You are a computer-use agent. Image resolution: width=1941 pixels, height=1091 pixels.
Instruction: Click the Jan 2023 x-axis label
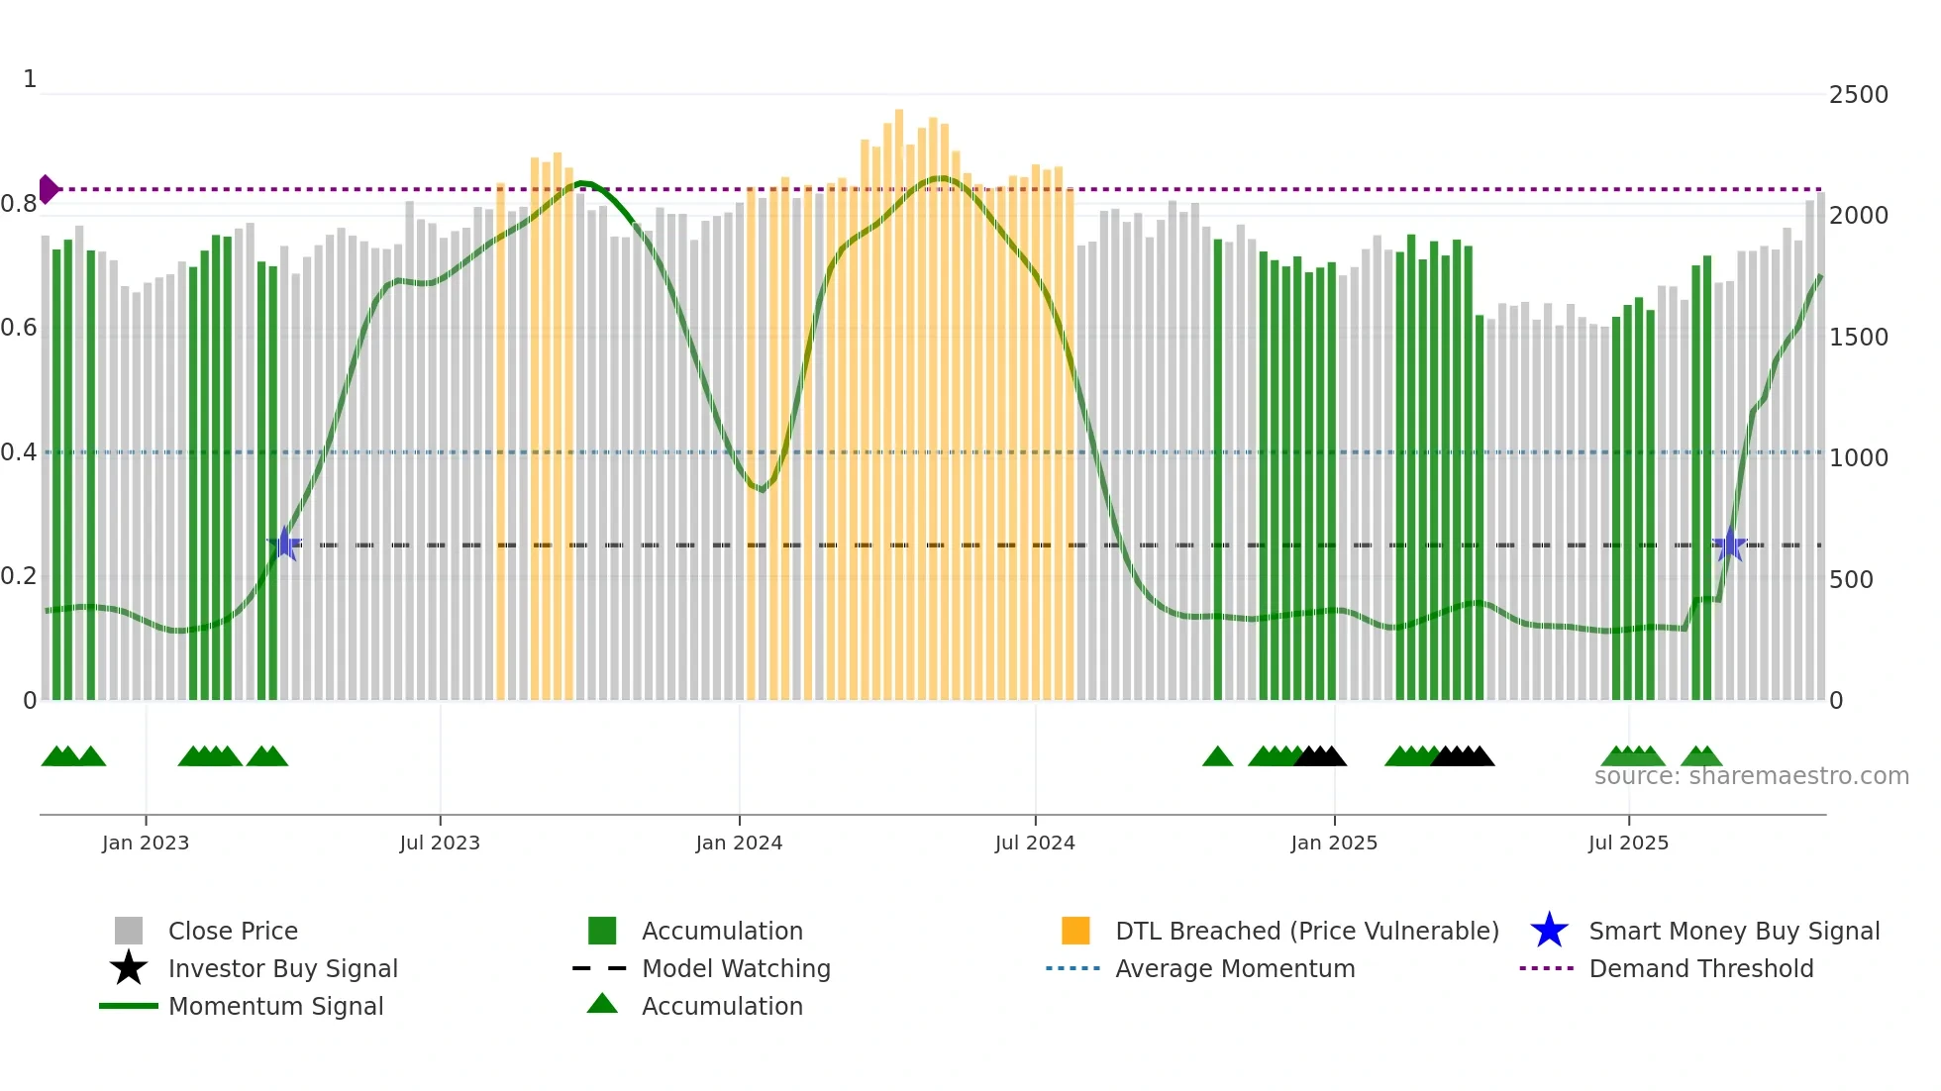[x=145, y=843]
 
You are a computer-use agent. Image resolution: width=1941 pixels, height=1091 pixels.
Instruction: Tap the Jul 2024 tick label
[x=1035, y=843]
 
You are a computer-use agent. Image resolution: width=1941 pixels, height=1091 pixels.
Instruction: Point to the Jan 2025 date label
[x=1333, y=843]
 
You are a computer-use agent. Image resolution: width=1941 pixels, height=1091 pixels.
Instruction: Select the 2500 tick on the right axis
[x=1858, y=95]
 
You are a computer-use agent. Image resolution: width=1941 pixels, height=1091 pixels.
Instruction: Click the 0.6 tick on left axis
[x=19, y=328]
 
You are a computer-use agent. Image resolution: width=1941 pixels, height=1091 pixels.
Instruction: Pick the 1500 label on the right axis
[x=1858, y=338]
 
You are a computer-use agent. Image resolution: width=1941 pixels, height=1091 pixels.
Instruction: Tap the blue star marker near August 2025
[x=1729, y=545]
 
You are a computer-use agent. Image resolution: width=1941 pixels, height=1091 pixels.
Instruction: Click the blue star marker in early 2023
[x=284, y=545]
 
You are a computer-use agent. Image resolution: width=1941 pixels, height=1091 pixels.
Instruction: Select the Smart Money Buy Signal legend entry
[x=1733, y=931]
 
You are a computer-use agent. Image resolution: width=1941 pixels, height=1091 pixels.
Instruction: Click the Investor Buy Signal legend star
[x=129, y=968]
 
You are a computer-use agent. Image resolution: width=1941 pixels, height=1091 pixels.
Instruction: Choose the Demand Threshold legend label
[x=1700, y=968]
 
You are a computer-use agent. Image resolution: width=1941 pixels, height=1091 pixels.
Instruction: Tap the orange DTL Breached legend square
[x=1074, y=931]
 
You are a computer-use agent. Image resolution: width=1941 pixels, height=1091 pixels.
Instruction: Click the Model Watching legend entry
[x=735, y=968]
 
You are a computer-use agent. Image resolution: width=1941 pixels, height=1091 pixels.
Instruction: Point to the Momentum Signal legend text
[x=275, y=1006]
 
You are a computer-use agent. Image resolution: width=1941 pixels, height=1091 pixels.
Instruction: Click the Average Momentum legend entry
[x=1234, y=968]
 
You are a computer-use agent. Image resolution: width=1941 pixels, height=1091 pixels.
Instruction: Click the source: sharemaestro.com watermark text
[x=1751, y=776]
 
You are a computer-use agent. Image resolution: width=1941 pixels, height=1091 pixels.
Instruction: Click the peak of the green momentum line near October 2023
[x=582, y=183]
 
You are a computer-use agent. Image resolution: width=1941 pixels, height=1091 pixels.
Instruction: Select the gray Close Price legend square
[x=129, y=931]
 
